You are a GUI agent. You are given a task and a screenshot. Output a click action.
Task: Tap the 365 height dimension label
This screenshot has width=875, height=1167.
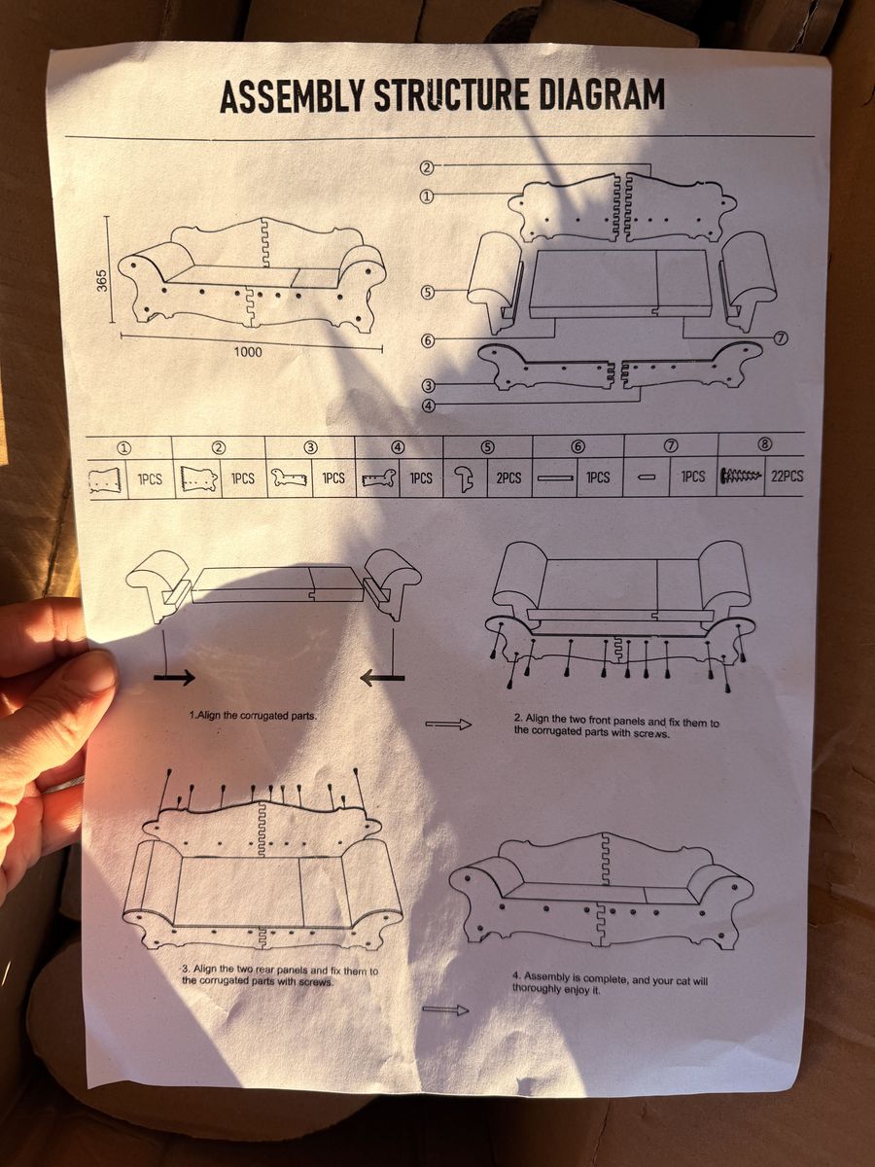coord(101,280)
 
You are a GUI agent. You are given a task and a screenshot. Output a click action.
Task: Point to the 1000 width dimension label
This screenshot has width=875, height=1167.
coord(248,351)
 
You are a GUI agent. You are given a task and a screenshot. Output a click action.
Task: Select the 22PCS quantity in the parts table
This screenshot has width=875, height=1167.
coord(787,476)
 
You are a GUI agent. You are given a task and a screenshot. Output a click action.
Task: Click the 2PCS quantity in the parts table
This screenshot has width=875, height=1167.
coord(508,477)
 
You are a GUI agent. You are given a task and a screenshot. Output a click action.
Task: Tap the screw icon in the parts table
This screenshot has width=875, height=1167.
coord(741,475)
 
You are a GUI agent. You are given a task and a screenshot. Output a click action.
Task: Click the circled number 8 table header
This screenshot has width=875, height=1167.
coord(764,444)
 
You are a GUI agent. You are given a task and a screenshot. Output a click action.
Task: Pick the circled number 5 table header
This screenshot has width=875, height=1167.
coord(489,447)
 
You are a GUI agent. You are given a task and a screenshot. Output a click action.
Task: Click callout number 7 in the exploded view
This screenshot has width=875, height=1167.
coord(781,337)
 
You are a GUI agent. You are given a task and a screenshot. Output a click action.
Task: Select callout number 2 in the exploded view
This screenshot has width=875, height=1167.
coord(427,168)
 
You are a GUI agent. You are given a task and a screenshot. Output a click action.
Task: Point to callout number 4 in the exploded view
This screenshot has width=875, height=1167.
coord(429,407)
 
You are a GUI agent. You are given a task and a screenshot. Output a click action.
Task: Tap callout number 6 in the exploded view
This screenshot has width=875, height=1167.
coord(428,340)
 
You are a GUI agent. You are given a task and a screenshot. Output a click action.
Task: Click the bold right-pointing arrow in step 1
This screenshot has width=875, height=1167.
coord(174,677)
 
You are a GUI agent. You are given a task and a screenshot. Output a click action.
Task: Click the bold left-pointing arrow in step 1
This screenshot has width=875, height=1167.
coord(382,677)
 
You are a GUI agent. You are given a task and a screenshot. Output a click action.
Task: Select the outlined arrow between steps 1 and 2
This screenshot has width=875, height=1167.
coord(448,725)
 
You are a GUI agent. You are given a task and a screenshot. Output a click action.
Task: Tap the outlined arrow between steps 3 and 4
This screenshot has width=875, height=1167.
coord(445,1009)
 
